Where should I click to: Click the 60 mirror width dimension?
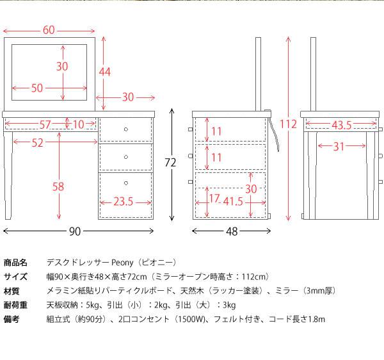pyautogui.click(x=49, y=30)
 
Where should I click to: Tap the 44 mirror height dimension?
pyautogui.click(x=105, y=72)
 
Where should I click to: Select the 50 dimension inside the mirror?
pyautogui.click(x=37, y=88)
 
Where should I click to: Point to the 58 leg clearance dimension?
pyautogui.click(x=58, y=187)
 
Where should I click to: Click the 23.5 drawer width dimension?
pyautogui.click(x=123, y=202)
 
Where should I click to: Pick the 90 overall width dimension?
pyautogui.click(x=75, y=231)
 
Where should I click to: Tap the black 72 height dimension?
pyautogui.click(x=170, y=163)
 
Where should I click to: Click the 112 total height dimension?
pyautogui.click(x=288, y=124)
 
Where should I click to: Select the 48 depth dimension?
pyautogui.click(x=232, y=231)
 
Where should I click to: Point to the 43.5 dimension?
pyautogui.click(x=342, y=125)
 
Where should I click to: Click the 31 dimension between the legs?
pyautogui.click(x=339, y=147)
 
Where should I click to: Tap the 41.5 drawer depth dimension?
pyautogui.click(x=233, y=201)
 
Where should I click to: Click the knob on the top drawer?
pyautogui.click(x=126, y=129)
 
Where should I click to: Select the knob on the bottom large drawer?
pyautogui.click(x=126, y=183)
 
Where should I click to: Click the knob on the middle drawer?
pyautogui.click(x=126, y=157)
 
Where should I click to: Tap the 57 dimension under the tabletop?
pyautogui.click(x=45, y=124)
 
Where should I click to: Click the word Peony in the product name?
pyautogui.click(x=122, y=263)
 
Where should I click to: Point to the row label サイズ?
pyautogui.click(x=15, y=277)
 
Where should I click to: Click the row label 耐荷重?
pyautogui.click(x=15, y=305)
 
